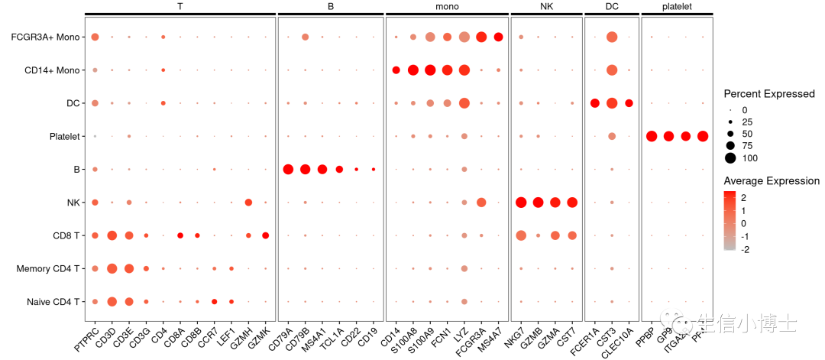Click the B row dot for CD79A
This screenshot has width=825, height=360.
(x=288, y=169)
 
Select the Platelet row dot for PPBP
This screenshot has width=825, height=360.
(x=652, y=136)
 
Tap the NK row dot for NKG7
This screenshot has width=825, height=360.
(x=521, y=203)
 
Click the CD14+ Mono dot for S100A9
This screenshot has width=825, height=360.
(x=430, y=70)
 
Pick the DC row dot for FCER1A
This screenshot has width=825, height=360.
(x=594, y=103)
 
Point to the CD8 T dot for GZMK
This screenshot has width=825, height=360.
(x=265, y=235)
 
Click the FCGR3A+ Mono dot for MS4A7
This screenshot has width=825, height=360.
(x=498, y=37)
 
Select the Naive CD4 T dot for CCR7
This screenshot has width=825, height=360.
(x=214, y=302)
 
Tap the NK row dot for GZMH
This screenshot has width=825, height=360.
(x=248, y=203)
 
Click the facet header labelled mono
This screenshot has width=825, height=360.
(x=447, y=6)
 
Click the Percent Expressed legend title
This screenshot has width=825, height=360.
(x=769, y=94)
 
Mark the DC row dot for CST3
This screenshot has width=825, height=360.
(x=611, y=103)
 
